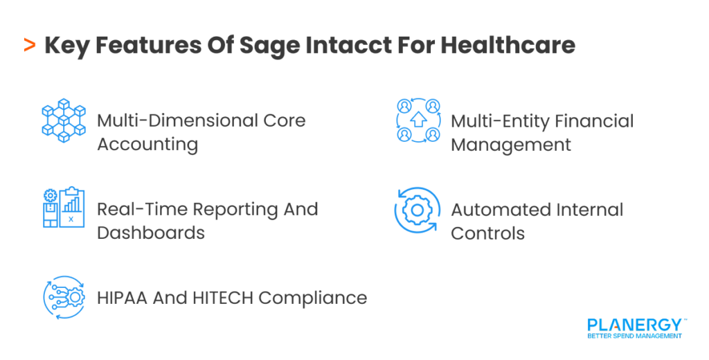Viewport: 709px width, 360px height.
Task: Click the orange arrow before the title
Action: click(29, 46)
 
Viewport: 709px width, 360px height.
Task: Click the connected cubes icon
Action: click(63, 120)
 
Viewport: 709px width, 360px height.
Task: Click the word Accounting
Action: click(147, 144)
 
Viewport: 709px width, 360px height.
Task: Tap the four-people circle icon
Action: click(418, 120)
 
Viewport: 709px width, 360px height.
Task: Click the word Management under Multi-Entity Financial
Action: click(511, 145)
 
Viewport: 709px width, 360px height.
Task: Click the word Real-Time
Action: click(141, 209)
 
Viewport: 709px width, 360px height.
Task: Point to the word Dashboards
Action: click(150, 233)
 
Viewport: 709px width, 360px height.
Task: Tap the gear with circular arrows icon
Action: click(417, 210)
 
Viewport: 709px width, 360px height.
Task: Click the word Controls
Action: click(487, 233)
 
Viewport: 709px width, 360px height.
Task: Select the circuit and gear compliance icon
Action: click(63, 298)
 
